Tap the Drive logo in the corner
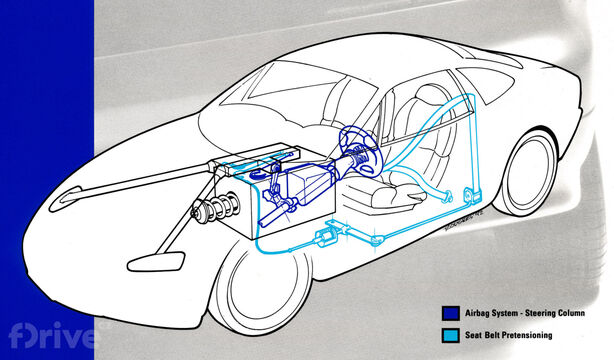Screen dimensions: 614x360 point(44,331)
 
